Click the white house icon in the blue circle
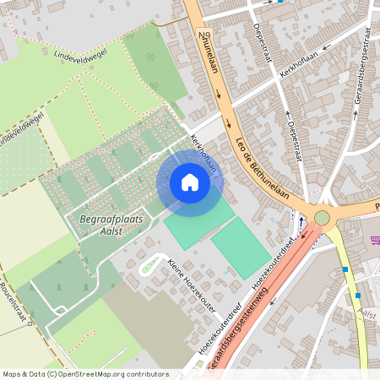pyautogui.click(x=189, y=182)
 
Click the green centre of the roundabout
pyautogui.click(x=322, y=218)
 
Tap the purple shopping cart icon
pyautogui.click(x=376, y=242)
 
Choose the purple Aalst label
pyautogui.click(x=367, y=313)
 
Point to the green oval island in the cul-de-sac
pyautogui.click(x=149, y=265)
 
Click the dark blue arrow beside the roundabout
pyautogui.click(x=302, y=222)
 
